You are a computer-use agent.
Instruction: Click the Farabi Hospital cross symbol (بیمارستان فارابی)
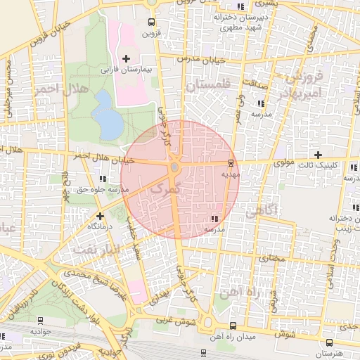coord(127,58)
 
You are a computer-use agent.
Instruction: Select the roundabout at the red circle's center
coord(174,167)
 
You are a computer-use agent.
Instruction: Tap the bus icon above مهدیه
coord(231,162)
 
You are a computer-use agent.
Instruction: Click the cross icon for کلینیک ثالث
coord(318,154)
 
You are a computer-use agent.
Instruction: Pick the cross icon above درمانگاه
coord(100,217)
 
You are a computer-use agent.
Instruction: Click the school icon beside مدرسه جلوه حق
coord(103,179)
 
